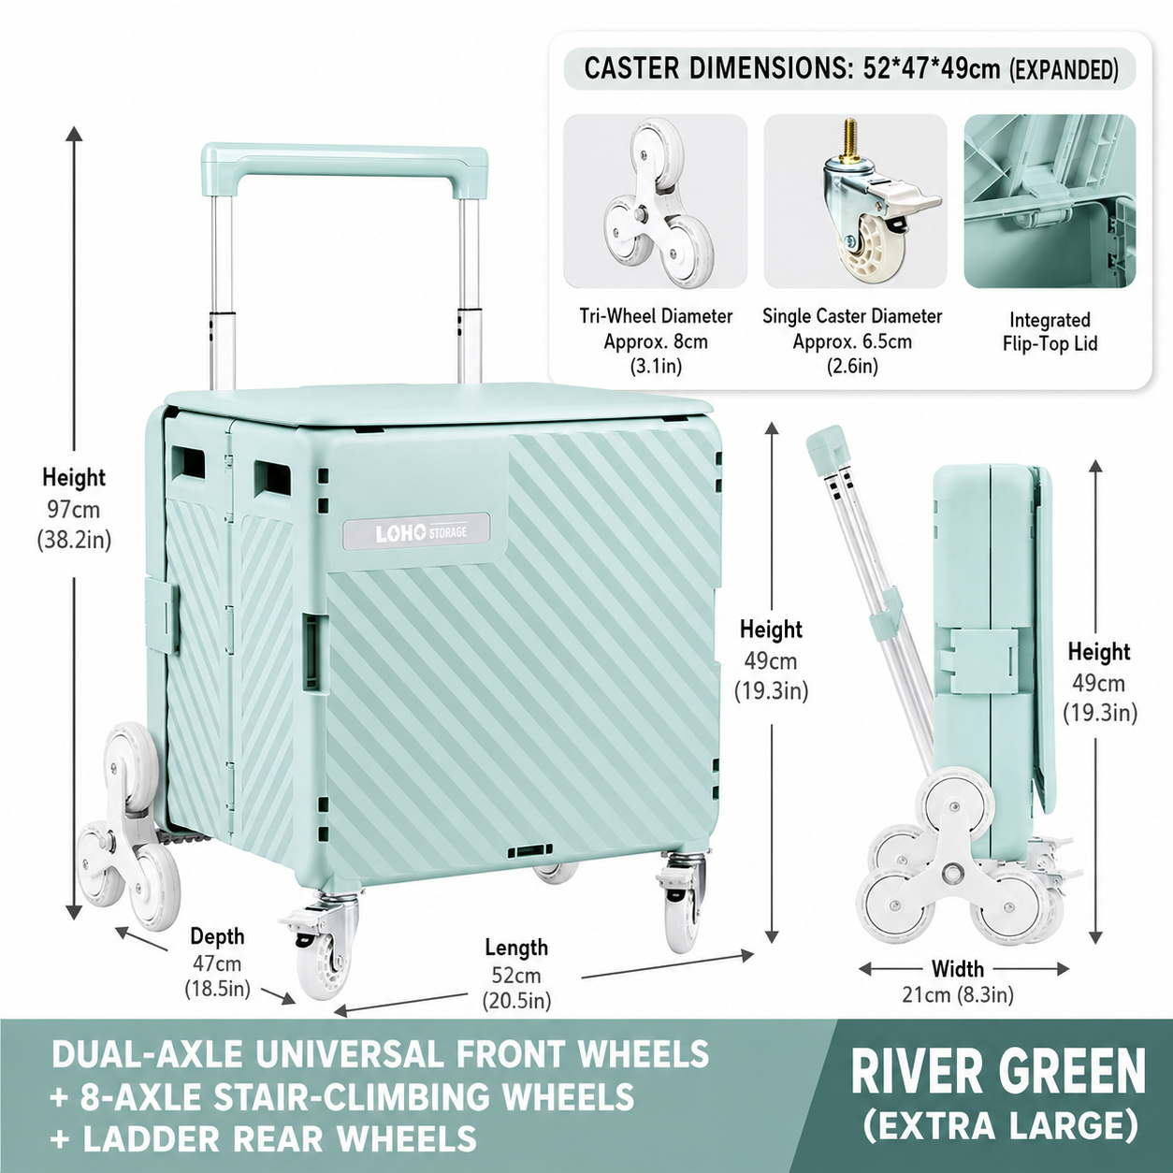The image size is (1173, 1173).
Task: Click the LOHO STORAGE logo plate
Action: (417, 532)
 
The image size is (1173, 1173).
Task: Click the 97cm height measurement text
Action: (74, 510)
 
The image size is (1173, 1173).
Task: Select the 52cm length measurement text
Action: (516, 976)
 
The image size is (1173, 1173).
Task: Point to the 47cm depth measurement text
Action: (217, 963)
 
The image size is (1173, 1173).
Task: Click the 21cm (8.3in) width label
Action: (958, 994)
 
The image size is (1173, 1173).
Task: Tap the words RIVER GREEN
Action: (998, 1071)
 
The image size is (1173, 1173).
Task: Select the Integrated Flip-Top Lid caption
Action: (1050, 332)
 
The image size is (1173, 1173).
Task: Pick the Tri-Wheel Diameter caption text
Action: (656, 316)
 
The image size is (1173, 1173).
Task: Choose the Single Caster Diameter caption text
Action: (852, 316)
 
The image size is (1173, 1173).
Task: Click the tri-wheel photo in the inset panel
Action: (655, 201)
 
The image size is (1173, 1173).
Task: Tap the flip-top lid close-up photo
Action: (1050, 201)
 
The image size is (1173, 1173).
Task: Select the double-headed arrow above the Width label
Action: (963, 968)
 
